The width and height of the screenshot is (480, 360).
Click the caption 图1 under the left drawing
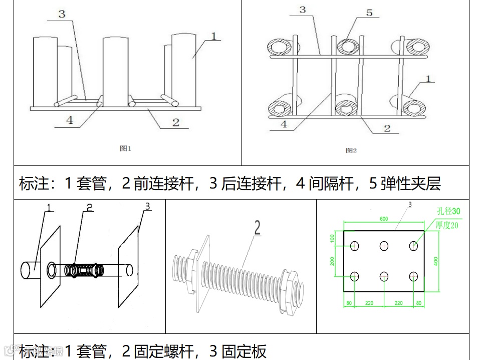(x=125, y=148)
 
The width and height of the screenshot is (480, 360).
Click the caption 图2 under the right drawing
(x=351, y=150)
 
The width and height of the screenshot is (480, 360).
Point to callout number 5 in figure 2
(x=369, y=13)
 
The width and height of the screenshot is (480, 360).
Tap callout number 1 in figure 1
(x=213, y=36)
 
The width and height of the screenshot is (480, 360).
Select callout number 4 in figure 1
(x=70, y=120)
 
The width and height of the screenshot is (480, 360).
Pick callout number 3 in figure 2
(x=303, y=10)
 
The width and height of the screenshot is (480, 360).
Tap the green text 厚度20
(x=447, y=225)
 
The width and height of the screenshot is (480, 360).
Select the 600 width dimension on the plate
(x=383, y=219)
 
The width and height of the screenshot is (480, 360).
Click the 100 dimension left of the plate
(x=331, y=237)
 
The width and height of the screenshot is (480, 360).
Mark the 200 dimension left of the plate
(x=331, y=261)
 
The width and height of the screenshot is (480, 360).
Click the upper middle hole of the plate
(x=384, y=246)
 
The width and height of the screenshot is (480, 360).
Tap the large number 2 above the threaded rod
(x=258, y=228)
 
